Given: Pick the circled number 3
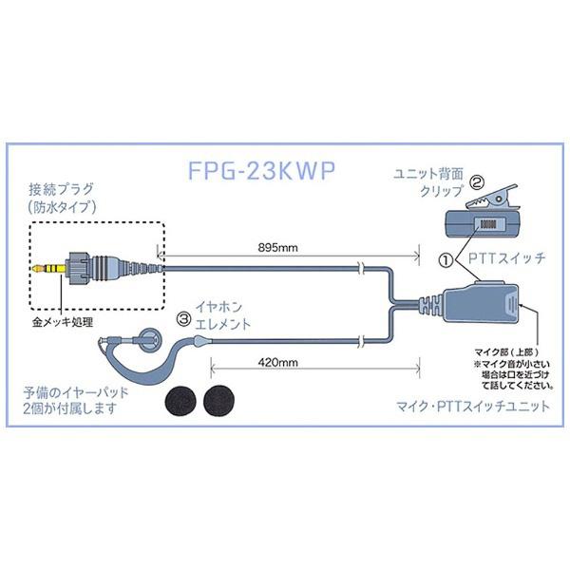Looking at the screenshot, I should [x=181, y=306].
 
